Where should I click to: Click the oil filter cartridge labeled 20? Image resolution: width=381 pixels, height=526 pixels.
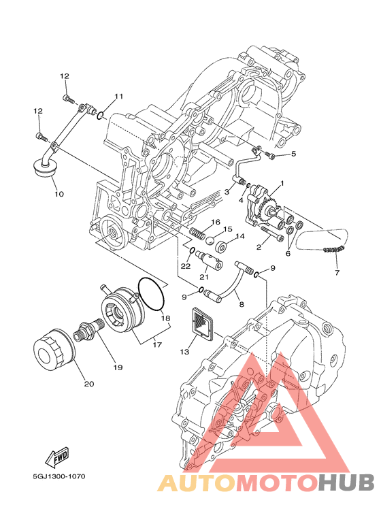pyautogui.click(x=54, y=350)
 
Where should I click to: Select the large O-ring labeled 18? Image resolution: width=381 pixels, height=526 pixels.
pyautogui.click(x=151, y=294)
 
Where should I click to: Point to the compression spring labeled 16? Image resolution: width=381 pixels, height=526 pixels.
pyautogui.click(x=197, y=233)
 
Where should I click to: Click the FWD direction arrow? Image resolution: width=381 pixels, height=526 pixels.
pyautogui.click(x=57, y=457)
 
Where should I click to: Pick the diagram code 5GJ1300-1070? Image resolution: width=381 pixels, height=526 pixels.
pyautogui.click(x=59, y=476)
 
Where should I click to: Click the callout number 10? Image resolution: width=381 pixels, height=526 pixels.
pyautogui.click(x=59, y=194)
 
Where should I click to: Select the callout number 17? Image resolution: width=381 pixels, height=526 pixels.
pyautogui.click(x=157, y=344)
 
